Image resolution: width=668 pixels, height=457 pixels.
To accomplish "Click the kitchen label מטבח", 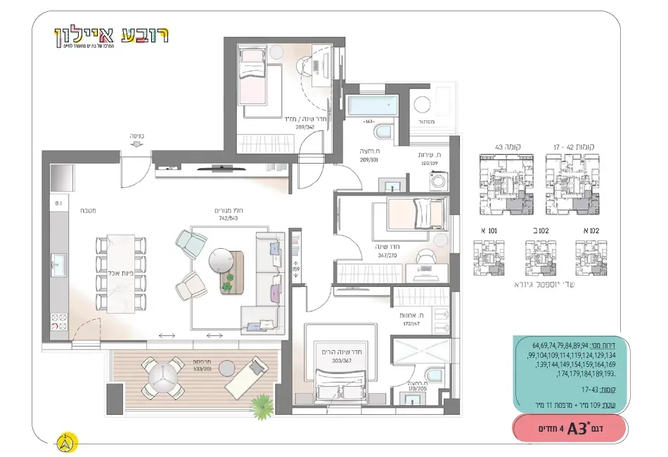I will coord(86,209).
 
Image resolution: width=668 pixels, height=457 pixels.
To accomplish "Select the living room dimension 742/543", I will coord(229,218).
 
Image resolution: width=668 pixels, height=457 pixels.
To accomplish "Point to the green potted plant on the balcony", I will coord(261,404).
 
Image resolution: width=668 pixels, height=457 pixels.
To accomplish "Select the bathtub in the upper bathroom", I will coord(372,108).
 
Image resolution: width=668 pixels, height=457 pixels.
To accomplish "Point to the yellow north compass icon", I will coord(66,443).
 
